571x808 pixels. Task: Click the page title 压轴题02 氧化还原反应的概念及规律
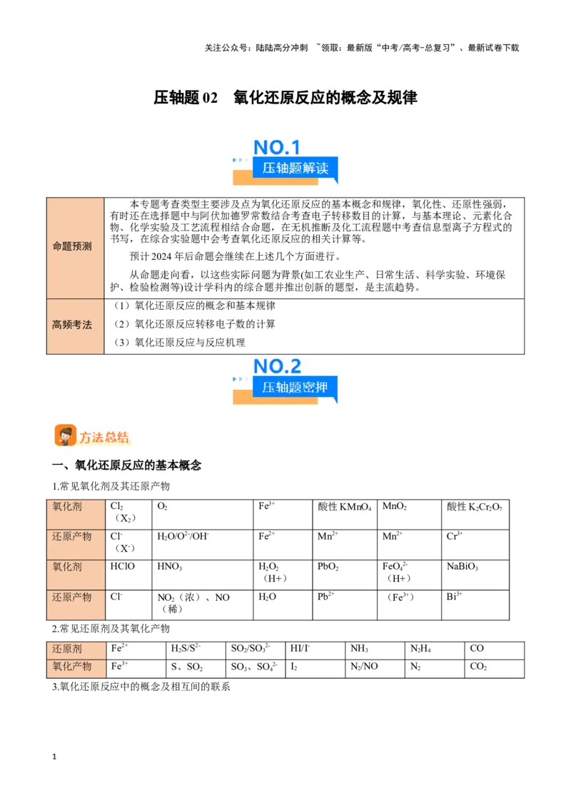tap(285, 97)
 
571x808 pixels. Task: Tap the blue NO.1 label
tap(277, 147)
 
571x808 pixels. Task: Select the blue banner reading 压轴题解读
tap(295, 168)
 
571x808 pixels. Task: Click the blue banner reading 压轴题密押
tap(295, 388)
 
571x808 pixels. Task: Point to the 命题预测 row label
tap(72, 246)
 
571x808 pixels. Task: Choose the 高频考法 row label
tap(72, 325)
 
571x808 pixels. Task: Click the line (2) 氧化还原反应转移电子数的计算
tap(194, 323)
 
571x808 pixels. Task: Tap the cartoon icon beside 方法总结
tap(66, 436)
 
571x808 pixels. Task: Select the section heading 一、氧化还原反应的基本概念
tap(127, 465)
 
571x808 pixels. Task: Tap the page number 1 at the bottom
tap(54, 757)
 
